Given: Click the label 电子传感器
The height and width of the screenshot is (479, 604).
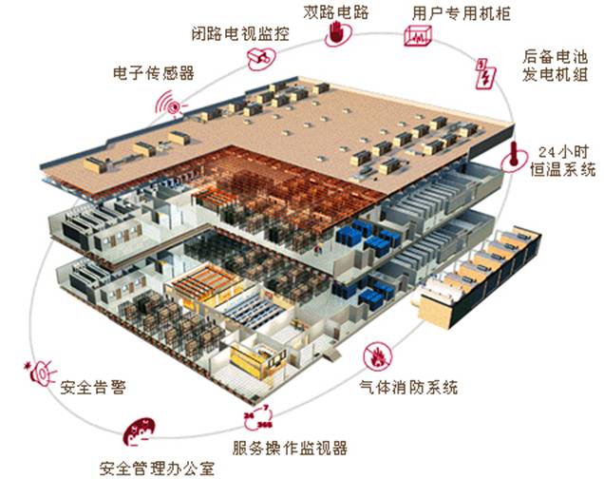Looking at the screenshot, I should coord(153,72).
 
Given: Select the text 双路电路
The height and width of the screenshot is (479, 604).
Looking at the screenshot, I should coord(336,12).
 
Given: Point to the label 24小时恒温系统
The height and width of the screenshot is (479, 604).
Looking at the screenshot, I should coord(566,161).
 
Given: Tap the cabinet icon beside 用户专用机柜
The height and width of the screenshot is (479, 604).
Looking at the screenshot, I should coord(418,38).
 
